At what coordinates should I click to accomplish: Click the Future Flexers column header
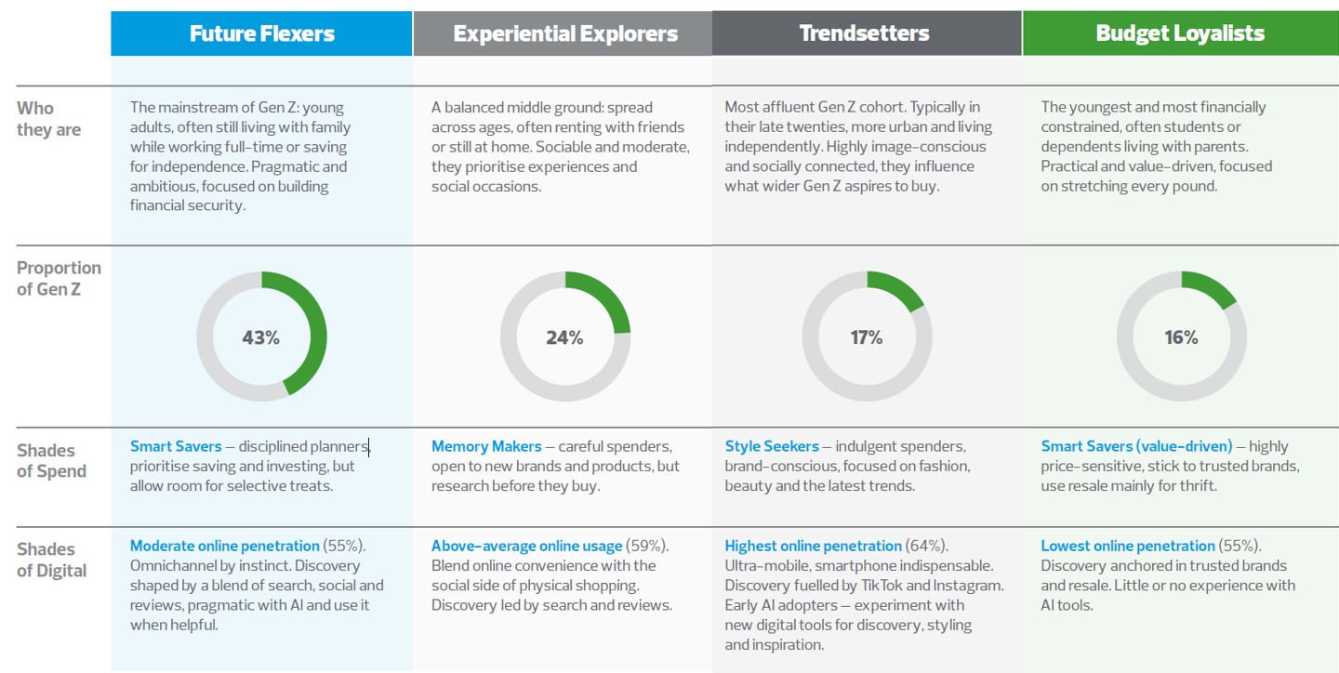[x=261, y=34]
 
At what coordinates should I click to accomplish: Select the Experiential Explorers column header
[x=564, y=34]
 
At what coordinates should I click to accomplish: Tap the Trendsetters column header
[x=864, y=33]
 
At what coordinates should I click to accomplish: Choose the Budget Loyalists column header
[x=1180, y=33]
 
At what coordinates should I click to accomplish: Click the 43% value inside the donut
[x=260, y=337]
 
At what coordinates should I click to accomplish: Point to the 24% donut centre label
[x=564, y=337]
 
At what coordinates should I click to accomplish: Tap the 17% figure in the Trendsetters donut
[x=866, y=337]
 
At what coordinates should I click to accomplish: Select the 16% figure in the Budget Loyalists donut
[x=1181, y=337]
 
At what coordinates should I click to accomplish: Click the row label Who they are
[x=48, y=119]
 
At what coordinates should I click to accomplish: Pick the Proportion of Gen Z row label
[x=58, y=278]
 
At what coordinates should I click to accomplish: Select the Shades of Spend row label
[x=51, y=461]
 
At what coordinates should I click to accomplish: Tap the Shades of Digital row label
[x=51, y=560]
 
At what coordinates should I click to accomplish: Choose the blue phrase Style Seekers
[x=772, y=446]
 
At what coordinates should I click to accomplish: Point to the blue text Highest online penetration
[x=813, y=546]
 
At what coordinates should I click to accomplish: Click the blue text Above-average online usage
[x=526, y=546]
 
